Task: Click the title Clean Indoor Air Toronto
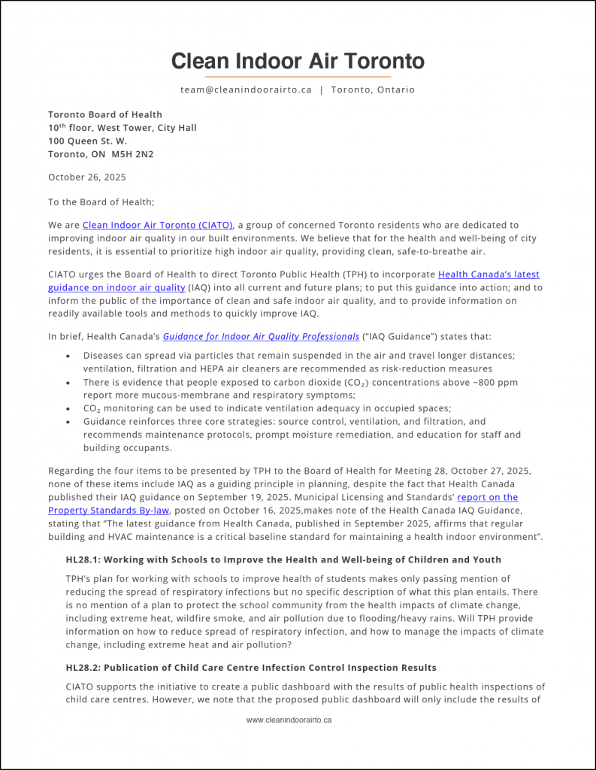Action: (x=298, y=61)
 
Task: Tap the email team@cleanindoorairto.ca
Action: (x=246, y=89)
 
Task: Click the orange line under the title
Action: (x=298, y=77)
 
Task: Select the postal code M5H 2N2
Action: (x=135, y=154)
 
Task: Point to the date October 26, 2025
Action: (x=87, y=177)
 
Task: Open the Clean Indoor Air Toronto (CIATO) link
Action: (x=158, y=225)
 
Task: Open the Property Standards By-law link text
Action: (x=117, y=510)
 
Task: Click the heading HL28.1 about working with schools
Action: (x=283, y=559)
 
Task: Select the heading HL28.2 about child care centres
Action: (x=251, y=668)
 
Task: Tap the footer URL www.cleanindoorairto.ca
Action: (x=289, y=720)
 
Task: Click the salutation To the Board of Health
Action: (x=101, y=202)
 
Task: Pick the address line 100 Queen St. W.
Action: (x=88, y=141)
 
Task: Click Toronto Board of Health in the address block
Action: (x=105, y=114)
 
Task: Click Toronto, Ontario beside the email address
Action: (x=373, y=89)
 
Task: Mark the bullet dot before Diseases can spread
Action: (x=69, y=356)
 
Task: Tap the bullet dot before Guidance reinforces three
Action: (x=69, y=422)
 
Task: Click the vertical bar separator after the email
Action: (x=322, y=89)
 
